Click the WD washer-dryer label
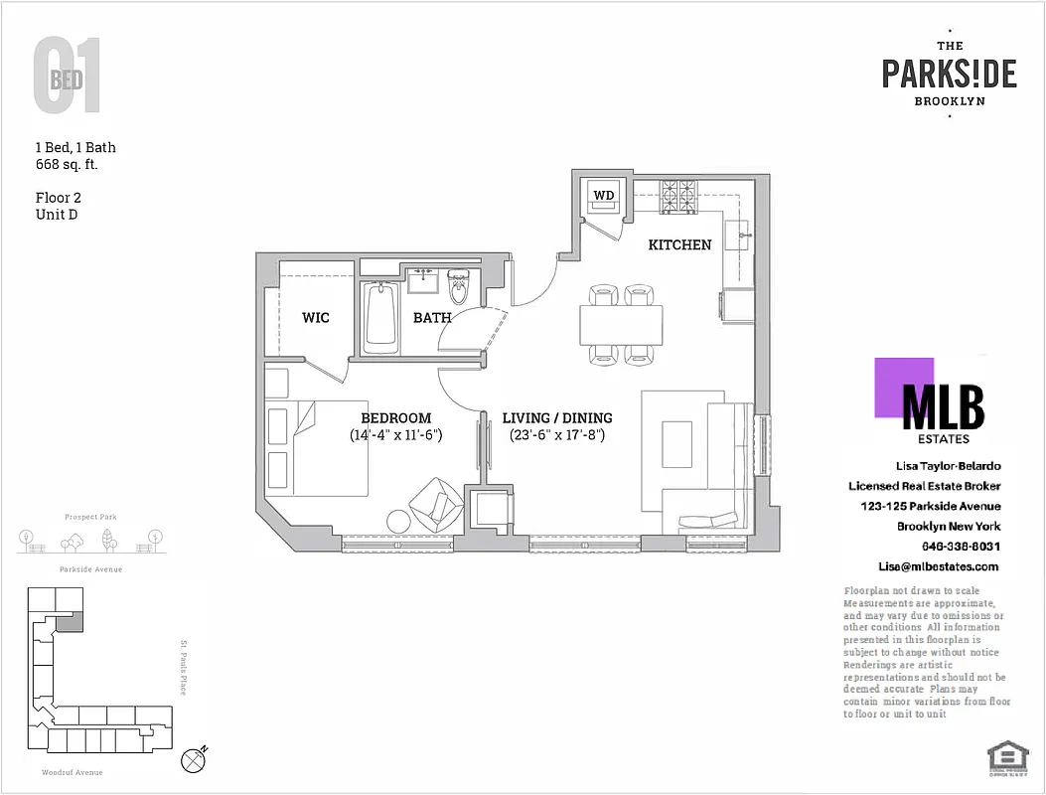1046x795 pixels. (603, 195)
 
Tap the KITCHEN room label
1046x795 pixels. (679, 244)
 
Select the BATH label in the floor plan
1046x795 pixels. (432, 318)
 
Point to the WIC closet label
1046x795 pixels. (316, 318)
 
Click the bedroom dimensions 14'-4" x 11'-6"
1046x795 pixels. (395, 435)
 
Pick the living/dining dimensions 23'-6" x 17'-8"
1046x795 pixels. (557, 435)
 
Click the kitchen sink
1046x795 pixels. (739, 236)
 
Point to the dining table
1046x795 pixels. (621, 324)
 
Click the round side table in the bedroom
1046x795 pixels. (398, 522)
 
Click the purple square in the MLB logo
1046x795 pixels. (903, 387)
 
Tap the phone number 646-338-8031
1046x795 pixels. (962, 547)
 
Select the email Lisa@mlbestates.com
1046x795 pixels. (938, 566)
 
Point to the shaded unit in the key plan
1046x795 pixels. (69, 621)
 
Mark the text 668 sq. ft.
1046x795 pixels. (67, 164)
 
